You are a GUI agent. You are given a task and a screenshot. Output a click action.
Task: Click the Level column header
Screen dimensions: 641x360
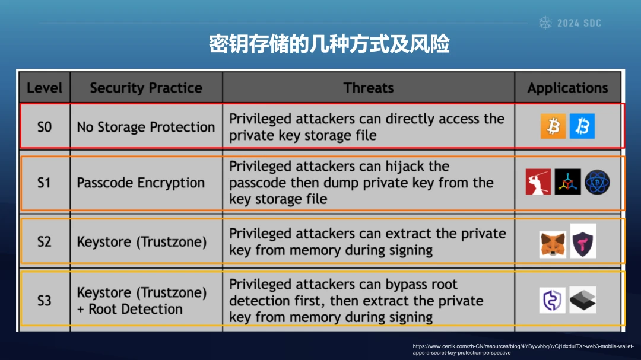click(x=44, y=87)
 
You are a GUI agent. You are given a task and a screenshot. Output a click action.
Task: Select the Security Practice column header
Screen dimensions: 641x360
click(x=146, y=87)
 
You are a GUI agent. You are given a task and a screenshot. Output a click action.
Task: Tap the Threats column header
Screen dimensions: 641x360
click(x=369, y=87)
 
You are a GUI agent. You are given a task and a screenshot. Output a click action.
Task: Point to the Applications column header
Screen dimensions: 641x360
click(x=567, y=87)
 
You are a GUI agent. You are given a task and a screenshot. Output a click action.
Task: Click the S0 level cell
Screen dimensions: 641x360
click(x=45, y=127)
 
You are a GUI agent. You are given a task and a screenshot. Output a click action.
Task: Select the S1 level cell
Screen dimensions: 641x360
click(x=45, y=183)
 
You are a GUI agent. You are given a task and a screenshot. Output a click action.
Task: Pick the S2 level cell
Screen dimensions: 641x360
click(x=45, y=241)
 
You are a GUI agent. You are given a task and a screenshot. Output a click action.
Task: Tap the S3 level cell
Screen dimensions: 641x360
click(x=45, y=301)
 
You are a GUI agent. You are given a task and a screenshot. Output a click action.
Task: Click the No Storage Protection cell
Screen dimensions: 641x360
click(x=146, y=127)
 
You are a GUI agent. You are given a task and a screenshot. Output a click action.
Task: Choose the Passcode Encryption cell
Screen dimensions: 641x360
click(x=141, y=183)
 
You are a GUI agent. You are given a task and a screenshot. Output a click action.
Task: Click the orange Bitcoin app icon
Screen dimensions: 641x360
click(x=553, y=126)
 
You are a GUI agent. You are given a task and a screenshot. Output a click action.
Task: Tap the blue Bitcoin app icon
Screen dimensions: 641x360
click(x=582, y=126)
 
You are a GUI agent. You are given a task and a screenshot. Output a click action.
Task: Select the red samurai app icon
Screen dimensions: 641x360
click(x=538, y=182)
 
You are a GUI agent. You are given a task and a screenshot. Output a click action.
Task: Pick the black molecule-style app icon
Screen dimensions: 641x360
click(x=567, y=182)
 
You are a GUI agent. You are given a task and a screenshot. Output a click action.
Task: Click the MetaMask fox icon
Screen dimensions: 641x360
click(x=553, y=244)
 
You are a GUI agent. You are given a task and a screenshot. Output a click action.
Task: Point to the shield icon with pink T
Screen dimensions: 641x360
click(x=583, y=241)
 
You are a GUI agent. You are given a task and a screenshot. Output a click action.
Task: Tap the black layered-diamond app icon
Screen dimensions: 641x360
click(x=583, y=300)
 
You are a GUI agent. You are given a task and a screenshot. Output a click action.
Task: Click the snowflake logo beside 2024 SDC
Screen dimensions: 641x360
click(x=545, y=23)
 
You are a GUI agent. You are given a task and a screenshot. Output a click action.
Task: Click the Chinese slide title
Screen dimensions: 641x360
click(x=329, y=44)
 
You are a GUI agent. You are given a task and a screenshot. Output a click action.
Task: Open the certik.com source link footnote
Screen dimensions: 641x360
click(x=523, y=349)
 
